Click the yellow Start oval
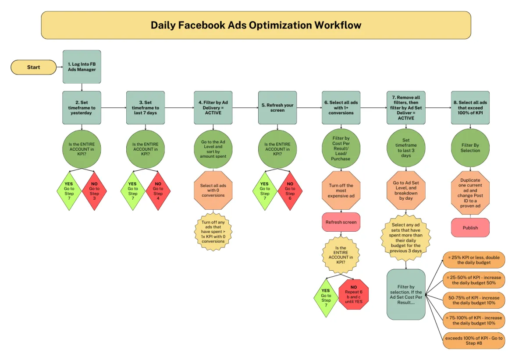tap(34, 67)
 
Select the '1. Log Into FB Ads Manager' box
tap(82, 67)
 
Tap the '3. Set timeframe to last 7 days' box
tap(146, 108)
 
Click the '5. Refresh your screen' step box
tap(277, 108)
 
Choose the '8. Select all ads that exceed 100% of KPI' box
tap(470, 108)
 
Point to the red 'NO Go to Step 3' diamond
tap(94, 191)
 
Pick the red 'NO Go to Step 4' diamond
tap(158, 191)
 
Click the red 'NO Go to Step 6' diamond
tap(290, 191)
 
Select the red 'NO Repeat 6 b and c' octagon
tap(354, 294)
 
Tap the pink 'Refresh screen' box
tap(341, 222)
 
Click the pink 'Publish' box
tap(470, 228)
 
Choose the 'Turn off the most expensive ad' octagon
tap(341, 191)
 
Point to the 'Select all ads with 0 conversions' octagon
tap(213, 191)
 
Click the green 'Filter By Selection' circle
tap(470, 148)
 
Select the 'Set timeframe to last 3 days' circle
tap(406, 148)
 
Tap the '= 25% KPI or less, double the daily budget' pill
tap(474, 260)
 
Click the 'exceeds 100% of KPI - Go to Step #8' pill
tap(474, 341)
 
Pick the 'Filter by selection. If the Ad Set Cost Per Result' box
tap(406, 294)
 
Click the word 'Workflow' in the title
tap(338, 25)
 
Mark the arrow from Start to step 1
tap(60, 67)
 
